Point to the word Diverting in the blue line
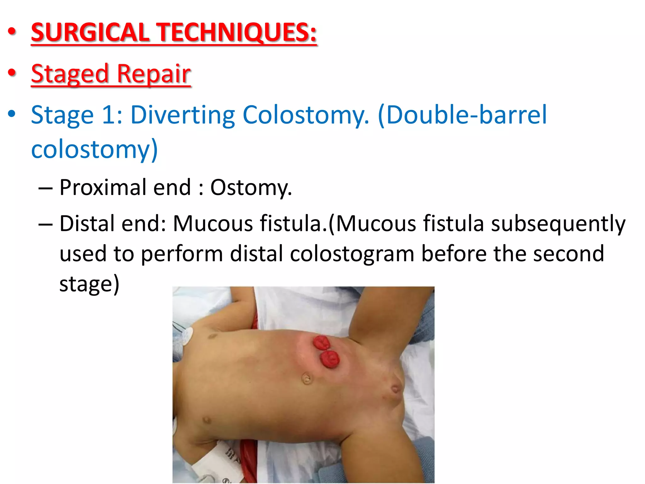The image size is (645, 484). point(183,115)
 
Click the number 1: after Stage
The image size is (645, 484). point(112,115)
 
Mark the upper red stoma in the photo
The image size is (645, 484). point(321,343)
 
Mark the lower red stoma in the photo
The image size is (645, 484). point(330,359)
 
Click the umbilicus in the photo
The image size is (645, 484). point(306,378)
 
